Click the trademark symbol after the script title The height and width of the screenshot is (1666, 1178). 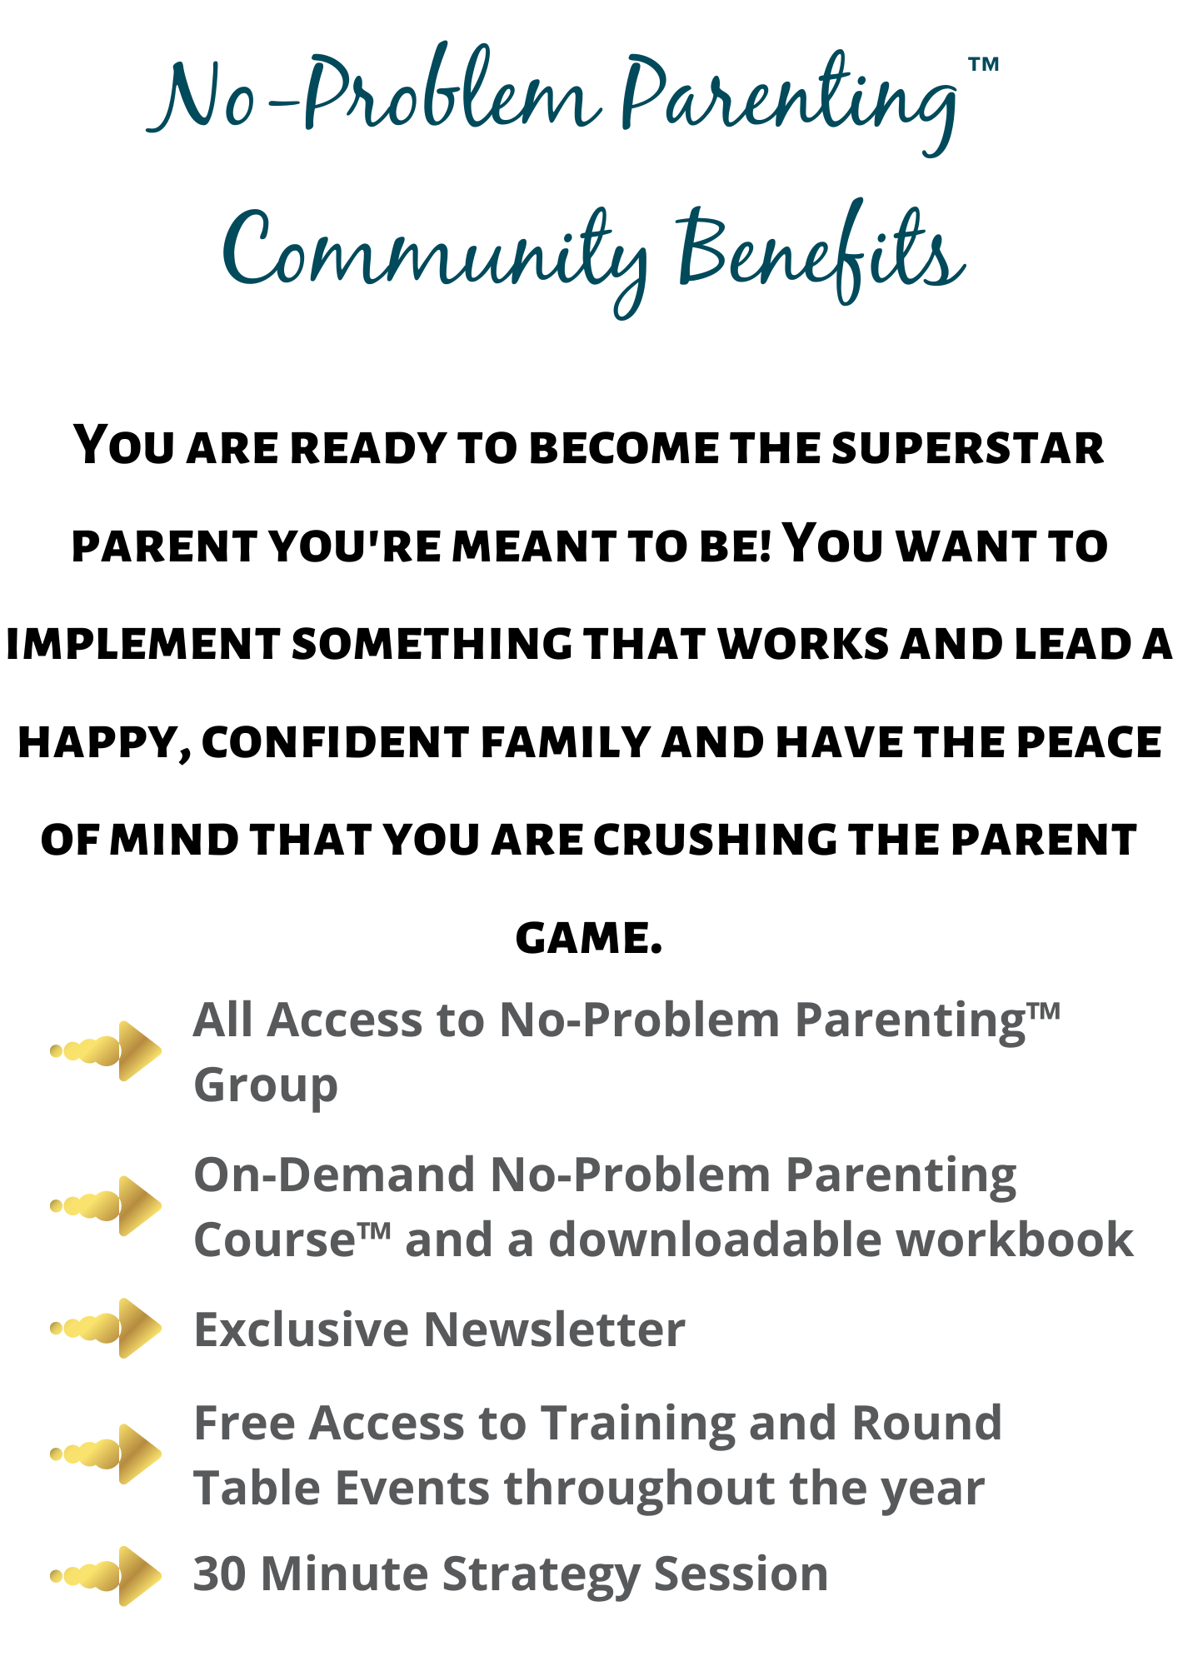(983, 64)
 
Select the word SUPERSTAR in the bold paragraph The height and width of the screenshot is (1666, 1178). (967, 448)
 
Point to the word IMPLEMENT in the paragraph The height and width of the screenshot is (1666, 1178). (143, 645)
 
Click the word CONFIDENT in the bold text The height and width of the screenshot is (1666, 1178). (335, 743)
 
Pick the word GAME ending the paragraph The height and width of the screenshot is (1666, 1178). (588, 939)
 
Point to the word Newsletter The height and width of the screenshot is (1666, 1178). (555, 1329)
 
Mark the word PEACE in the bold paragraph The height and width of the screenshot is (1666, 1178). (1090, 743)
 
